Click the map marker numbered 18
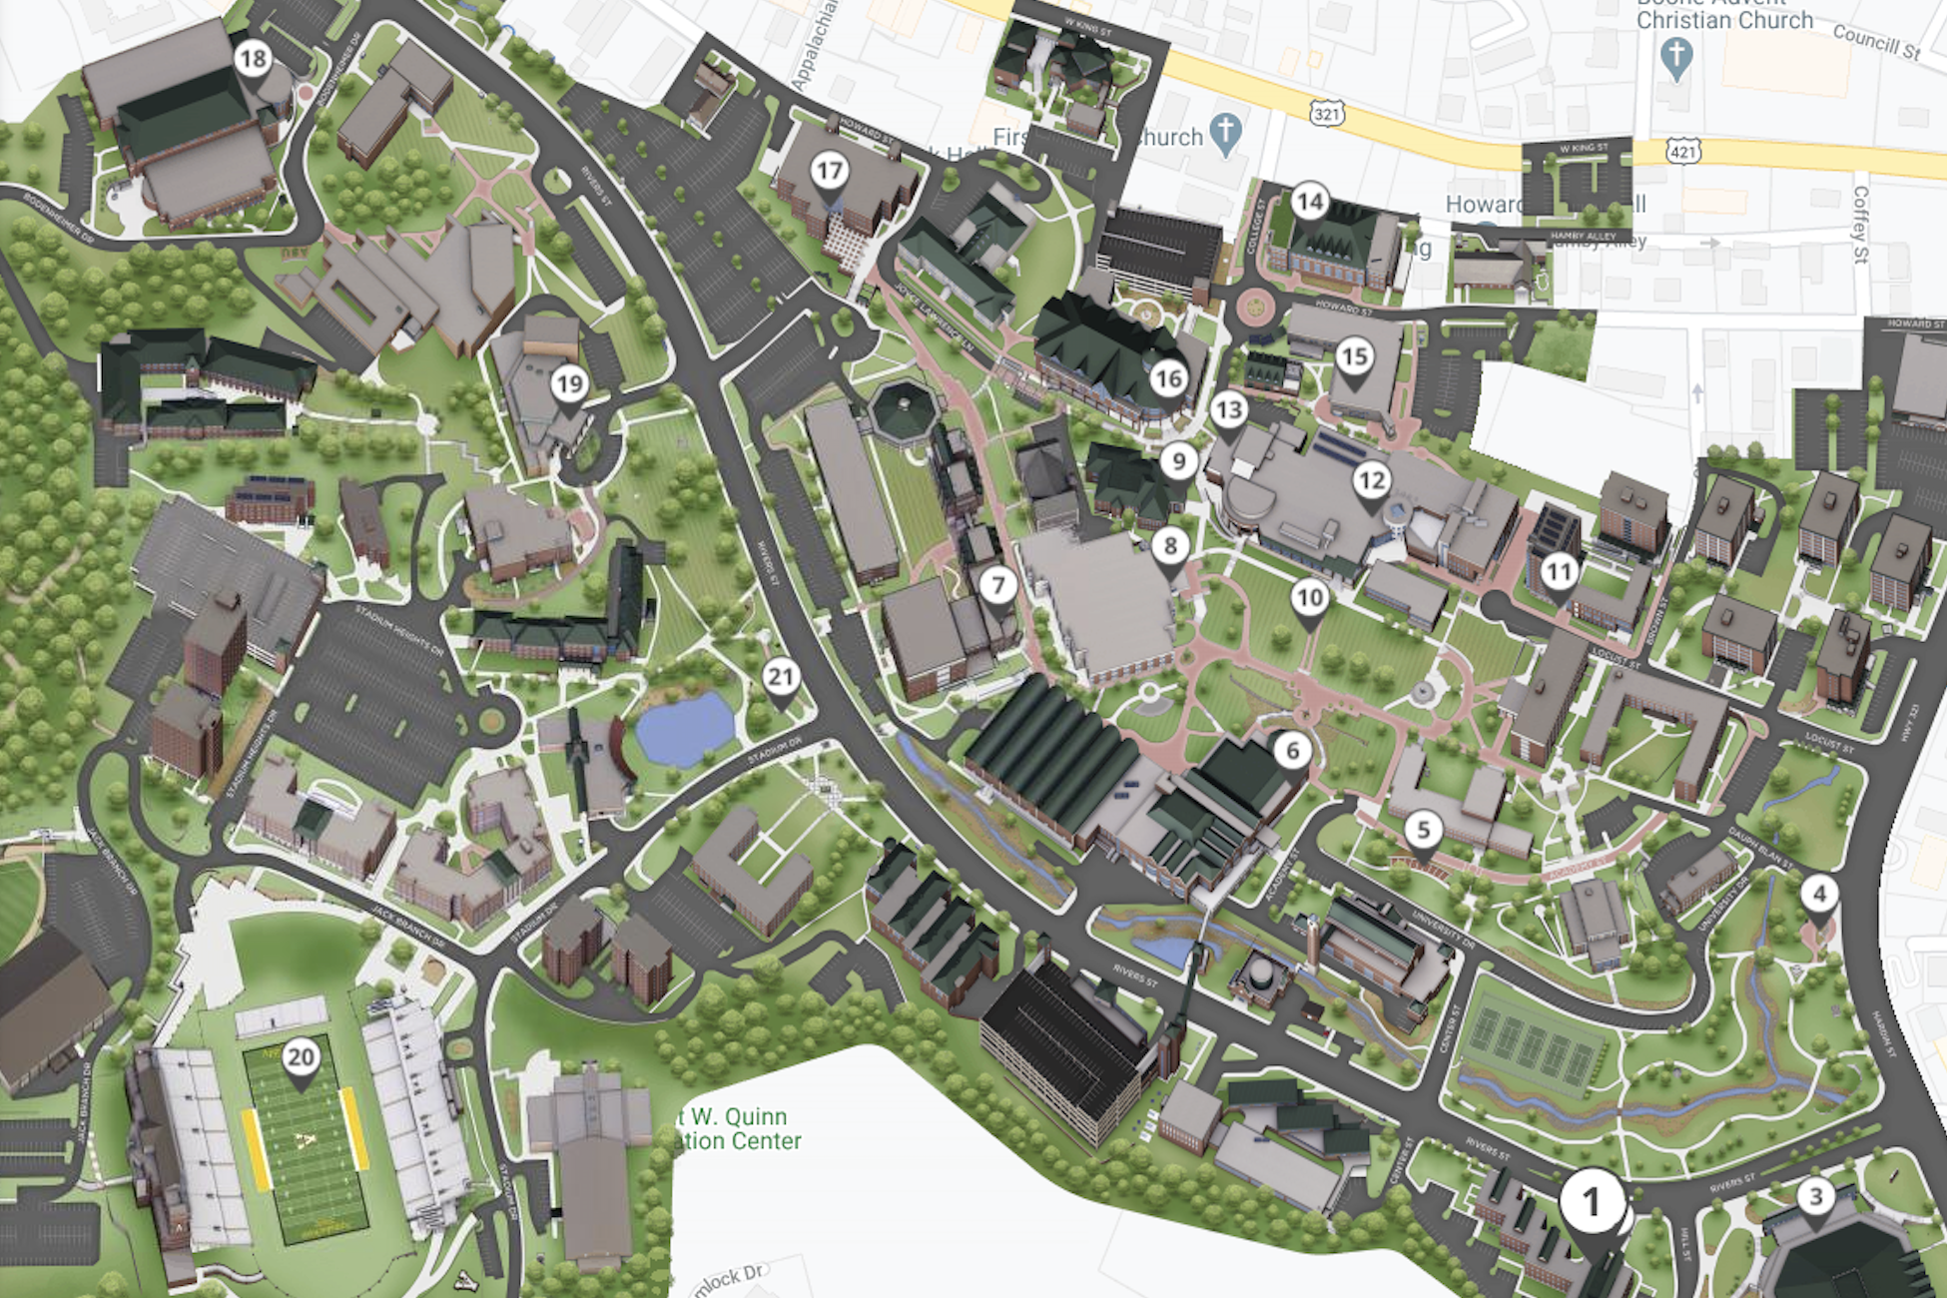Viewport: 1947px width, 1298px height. [x=253, y=60]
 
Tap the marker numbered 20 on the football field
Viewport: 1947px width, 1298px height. [x=301, y=1057]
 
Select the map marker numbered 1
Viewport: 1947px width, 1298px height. [x=1592, y=1203]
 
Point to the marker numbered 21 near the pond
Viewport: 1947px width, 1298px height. [x=780, y=678]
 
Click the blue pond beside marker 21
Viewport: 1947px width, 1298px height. [x=686, y=729]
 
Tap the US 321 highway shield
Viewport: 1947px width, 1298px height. [x=1327, y=115]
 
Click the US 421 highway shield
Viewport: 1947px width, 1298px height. [x=1683, y=153]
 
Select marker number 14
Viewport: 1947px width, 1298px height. [x=1309, y=203]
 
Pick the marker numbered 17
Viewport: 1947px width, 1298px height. [x=829, y=172]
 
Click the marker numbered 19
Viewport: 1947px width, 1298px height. [x=569, y=384]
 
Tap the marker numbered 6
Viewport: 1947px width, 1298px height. [x=1292, y=751]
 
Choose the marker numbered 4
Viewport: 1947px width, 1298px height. [x=1818, y=894]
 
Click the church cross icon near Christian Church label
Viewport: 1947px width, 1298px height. [x=1676, y=57]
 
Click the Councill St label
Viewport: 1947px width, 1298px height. [x=1875, y=42]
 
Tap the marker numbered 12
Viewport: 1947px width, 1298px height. [x=1372, y=481]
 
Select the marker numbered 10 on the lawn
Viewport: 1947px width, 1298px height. [x=1309, y=598]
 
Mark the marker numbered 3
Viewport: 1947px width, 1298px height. [x=1815, y=1196]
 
